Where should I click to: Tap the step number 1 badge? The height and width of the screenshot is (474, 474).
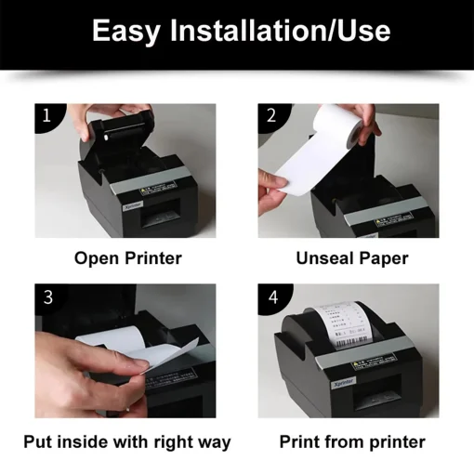pos(46,117)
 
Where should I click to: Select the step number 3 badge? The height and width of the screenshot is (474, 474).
pos(46,297)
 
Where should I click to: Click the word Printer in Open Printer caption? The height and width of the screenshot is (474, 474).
pos(152,257)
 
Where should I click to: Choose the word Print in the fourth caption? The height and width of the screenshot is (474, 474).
pos(301,441)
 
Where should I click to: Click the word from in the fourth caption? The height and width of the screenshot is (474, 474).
pos(346,441)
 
